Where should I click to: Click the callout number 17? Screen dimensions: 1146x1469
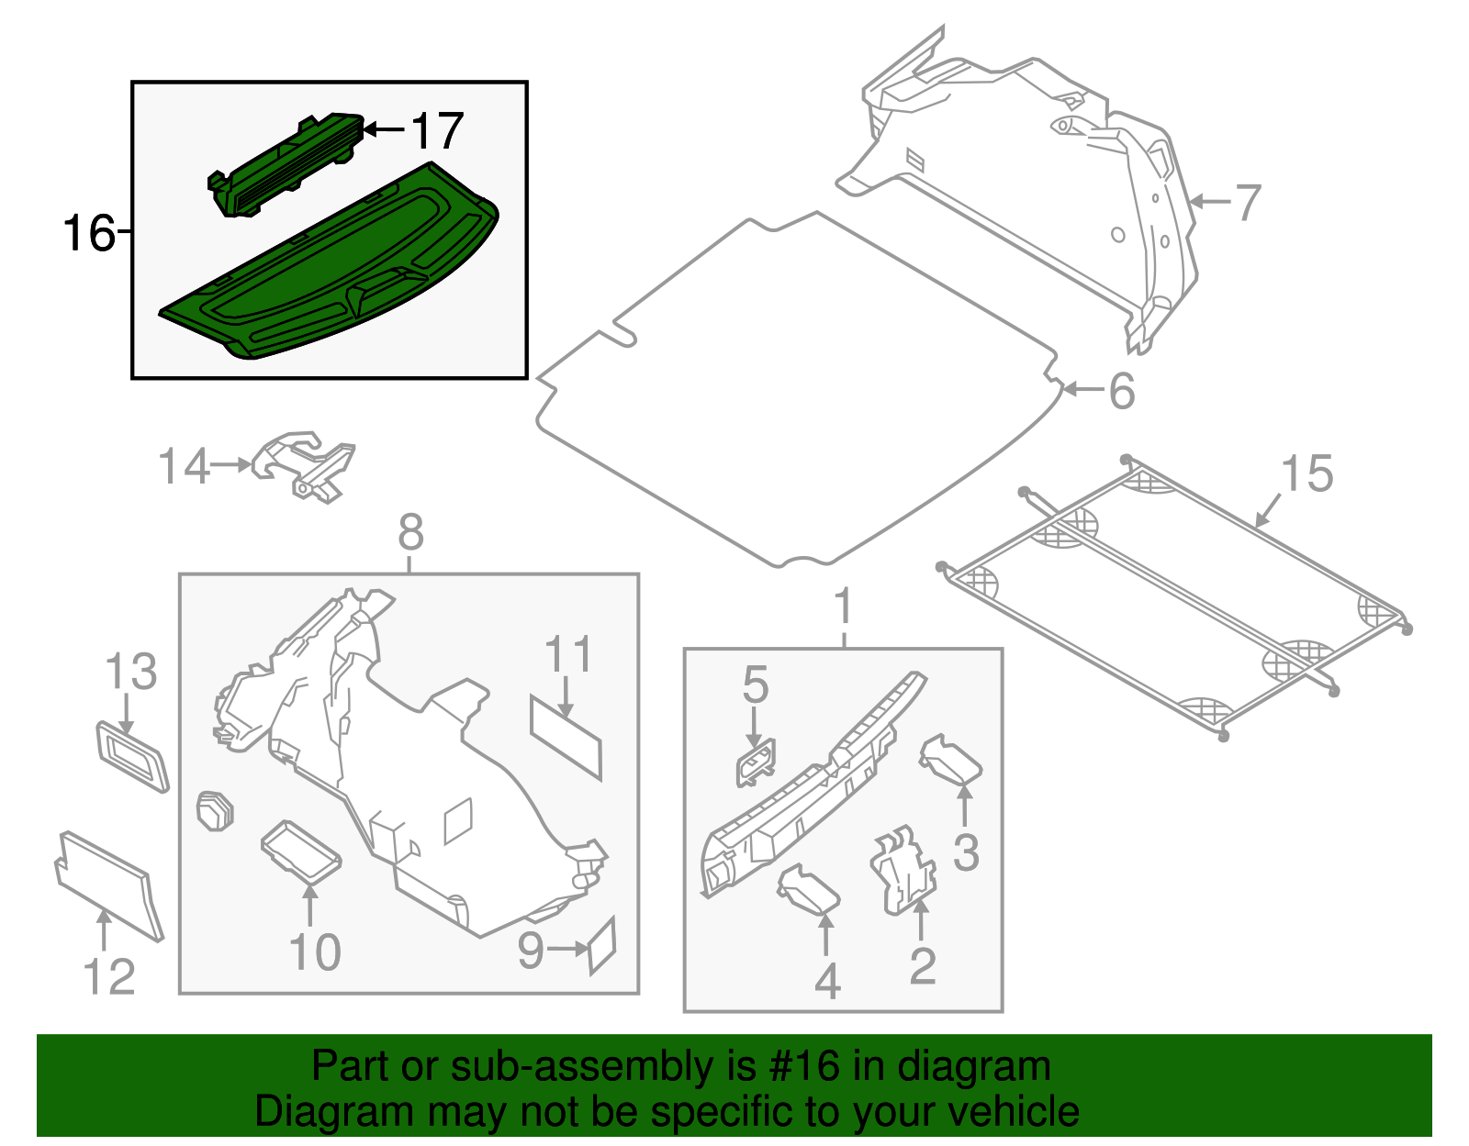coord(437,131)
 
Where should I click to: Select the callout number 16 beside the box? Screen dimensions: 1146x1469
coord(88,233)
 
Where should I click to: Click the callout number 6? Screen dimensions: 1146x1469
coord(1122,392)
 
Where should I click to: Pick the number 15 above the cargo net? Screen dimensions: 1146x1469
coord(1306,474)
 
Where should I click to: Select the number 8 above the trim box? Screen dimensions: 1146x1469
coord(410,532)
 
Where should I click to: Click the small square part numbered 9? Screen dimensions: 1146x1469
coord(601,945)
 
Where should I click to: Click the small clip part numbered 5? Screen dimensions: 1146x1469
coord(755,763)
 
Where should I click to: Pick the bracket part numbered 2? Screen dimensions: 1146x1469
coord(903,872)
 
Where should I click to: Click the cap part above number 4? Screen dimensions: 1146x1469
coord(808,890)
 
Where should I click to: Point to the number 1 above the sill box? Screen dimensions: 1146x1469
coord(843,607)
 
